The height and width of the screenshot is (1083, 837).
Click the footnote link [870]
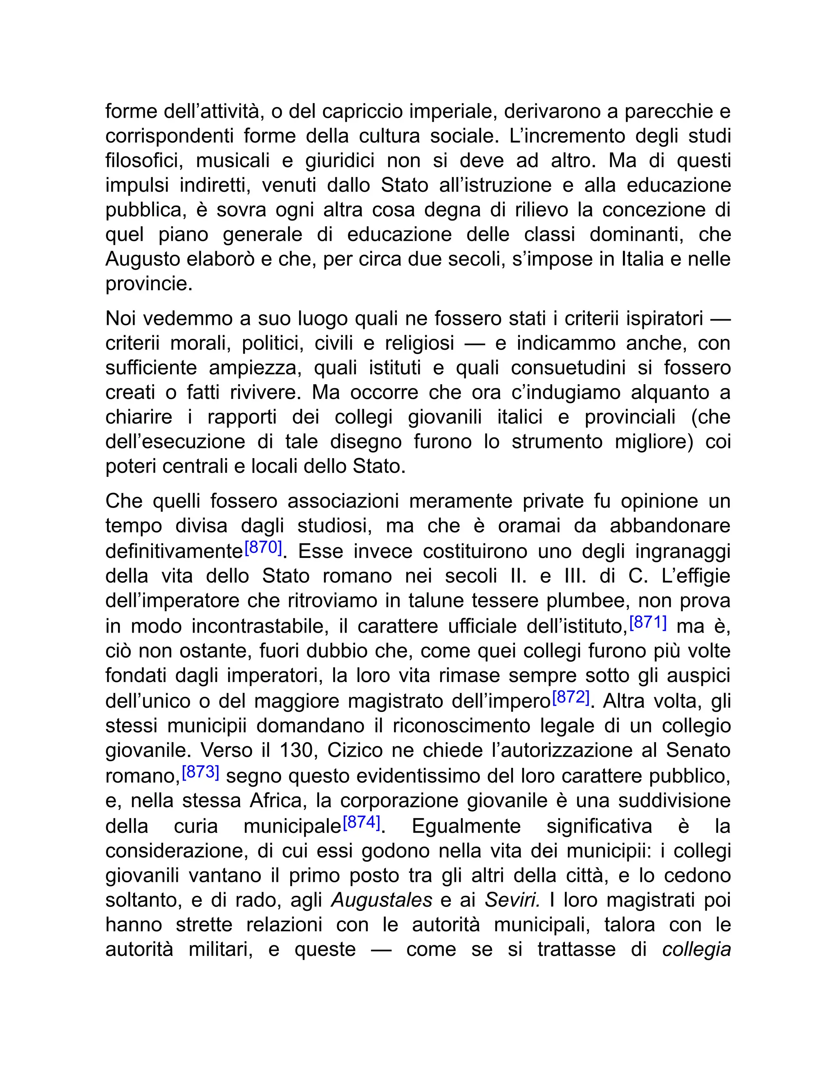(x=263, y=548)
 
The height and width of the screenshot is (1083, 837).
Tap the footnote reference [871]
(x=648, y=622)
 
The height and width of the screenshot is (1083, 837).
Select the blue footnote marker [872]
(x=571, y=698)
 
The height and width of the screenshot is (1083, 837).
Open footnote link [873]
(x=200, y=772)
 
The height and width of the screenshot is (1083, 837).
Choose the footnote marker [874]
(x=361, y=822)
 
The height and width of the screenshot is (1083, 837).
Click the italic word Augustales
(x=381, y=900)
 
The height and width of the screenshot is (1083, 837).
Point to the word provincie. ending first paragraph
(x=149, y=284)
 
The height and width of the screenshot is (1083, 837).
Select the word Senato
(x=698, y=750)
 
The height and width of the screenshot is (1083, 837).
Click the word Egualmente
(x=466, y=826)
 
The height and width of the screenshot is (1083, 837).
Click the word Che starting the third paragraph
(x=123, y=501)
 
